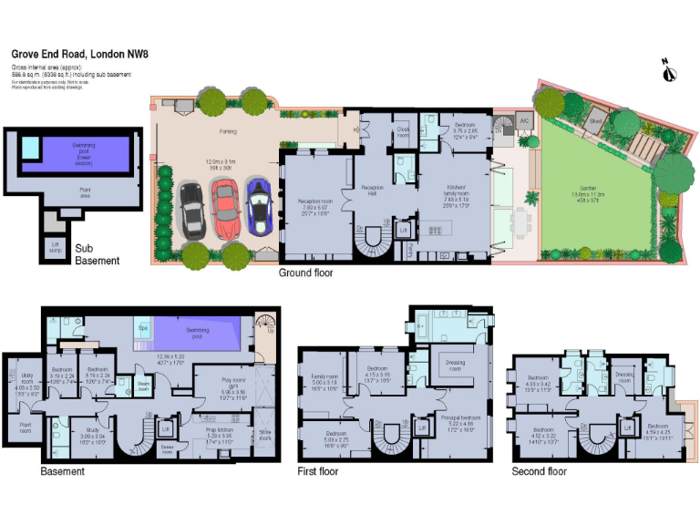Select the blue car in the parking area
(x=260, y=207)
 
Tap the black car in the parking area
(x=192, y=209)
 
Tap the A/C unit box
(x=524, y=120)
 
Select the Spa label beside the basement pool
(x=143, y=327)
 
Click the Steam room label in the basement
(x=143, y=386)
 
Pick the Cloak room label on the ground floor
(x=402, y=132)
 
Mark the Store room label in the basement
(x=264, y=436)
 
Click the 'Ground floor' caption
(x=305, y=273)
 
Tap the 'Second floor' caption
(x=539, y=471)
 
